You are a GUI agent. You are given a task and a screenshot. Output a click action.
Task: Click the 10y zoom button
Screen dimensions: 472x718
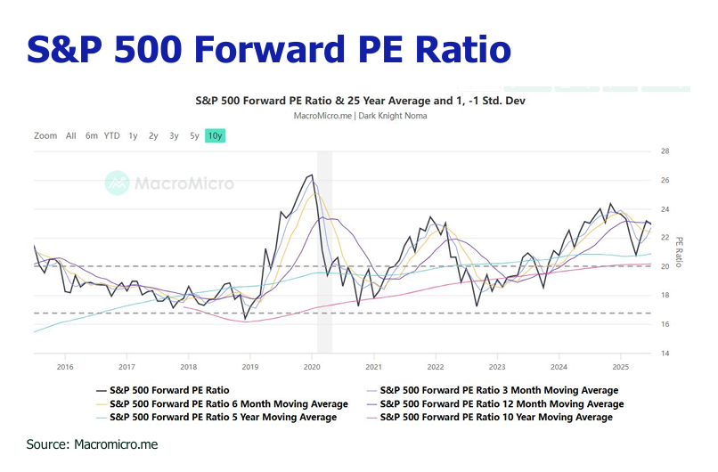(x=215, y=136)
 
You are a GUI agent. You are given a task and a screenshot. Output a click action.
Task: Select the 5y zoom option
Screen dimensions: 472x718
(x=194, y=136)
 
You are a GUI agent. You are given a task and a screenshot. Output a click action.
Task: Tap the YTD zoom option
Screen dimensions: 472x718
(x=111, y=136)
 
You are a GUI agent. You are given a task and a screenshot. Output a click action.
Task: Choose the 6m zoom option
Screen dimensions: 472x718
(x=92, y=136)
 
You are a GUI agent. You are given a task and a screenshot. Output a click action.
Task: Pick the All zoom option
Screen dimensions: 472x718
(x=71, y=136)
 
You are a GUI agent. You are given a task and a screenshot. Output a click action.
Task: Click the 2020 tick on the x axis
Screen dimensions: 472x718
(x=312, y=366)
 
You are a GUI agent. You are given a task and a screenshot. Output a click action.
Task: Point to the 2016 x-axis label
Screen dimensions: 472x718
(x=64, y=366)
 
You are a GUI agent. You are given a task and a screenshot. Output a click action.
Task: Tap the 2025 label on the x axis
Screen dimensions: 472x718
(x=621, y=366)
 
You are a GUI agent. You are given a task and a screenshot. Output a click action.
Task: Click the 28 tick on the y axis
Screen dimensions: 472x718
(x=665, y=151)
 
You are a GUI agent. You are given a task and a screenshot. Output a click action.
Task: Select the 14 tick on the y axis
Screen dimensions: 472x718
(x=665, y=354)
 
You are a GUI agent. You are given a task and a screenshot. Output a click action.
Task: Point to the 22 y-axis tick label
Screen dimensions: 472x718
(x=665, y=238)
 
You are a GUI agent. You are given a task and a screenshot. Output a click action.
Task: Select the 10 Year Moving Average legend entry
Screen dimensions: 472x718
(x=495, y=417)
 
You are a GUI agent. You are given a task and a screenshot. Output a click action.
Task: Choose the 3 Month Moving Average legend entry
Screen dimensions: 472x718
(x=498, y=390)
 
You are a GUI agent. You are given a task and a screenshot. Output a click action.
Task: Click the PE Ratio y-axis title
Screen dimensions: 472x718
(x=680, y=252)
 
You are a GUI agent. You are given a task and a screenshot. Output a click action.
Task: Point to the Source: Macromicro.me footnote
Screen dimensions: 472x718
(x=92, y=444)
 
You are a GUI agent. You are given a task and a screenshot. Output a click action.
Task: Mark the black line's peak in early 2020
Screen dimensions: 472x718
(x=311, y=175)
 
